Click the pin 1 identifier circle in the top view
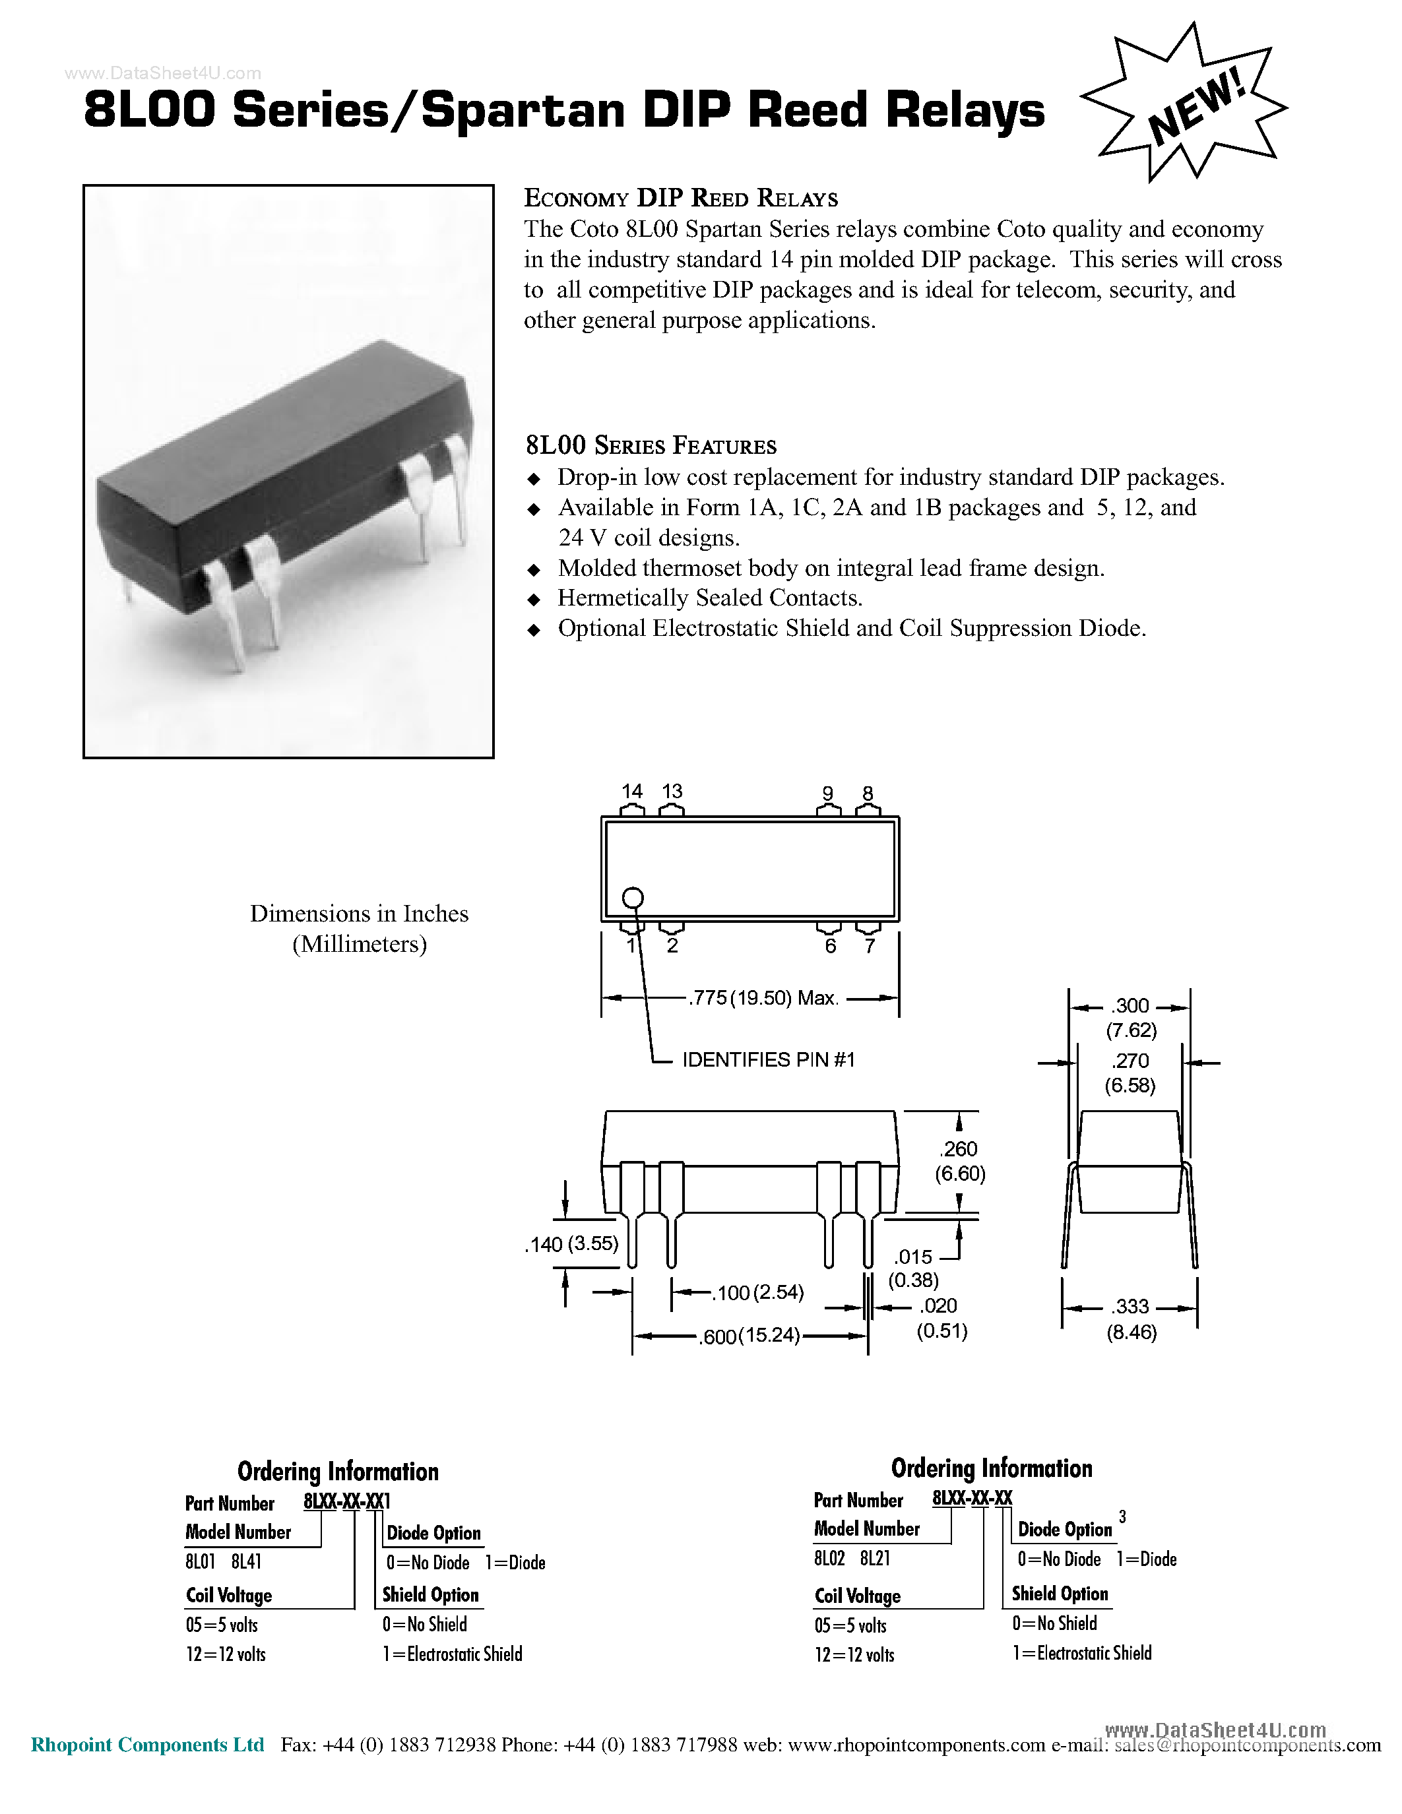coord(633,898)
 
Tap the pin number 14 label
coord(632,791)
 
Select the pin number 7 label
coord(870,946)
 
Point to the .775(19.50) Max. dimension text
coord(763,999)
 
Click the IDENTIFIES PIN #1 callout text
coord(768,1060)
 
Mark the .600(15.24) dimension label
coord(749,1336)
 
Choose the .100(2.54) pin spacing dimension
coord(758,1292)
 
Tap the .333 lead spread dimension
coord(1131,1307)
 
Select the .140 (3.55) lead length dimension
coord(571,1244)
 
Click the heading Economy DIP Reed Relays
coord(680,199)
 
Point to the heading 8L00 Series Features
coord(651,446)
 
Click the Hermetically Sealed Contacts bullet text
coord(710,598)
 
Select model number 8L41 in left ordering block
coord(246,1561)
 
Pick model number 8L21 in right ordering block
coord(875,1558)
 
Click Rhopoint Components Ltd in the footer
coord(148,1744)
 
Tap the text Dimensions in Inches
coord(359,914)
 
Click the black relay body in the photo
coord(282,482)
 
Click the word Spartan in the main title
coord(523,110)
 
